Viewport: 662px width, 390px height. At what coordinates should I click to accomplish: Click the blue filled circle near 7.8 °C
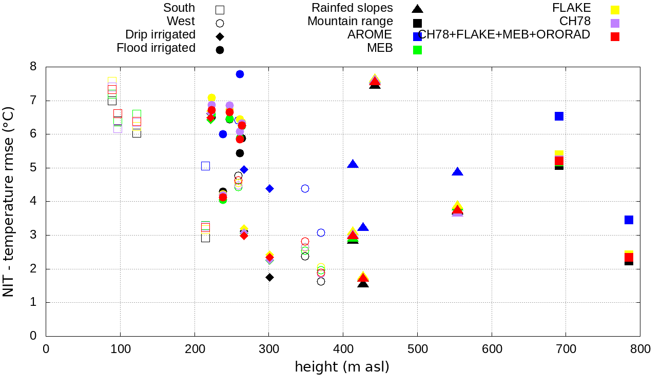[x=240, y=74]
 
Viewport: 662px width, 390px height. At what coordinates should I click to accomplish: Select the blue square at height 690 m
[x=559, y=116]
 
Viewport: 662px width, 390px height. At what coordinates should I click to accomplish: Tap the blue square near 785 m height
[x=629, y=220]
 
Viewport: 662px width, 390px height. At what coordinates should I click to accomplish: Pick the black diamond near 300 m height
[x=269, y=277]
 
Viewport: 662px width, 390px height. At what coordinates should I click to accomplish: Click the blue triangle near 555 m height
[x=458, y=172]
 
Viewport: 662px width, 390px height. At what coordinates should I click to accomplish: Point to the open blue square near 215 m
[x=205, y=166]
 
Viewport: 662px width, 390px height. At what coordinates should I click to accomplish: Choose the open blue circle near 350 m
[x=305, y=188]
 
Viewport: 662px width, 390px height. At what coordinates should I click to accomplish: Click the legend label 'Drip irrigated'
[x=161, y=34]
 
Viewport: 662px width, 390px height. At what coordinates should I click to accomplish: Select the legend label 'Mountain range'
[x=350, y=21]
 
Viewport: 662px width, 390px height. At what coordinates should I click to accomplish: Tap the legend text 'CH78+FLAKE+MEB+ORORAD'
[x=504, y=34]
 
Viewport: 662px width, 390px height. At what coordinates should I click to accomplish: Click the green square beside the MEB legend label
[x=418, y=50]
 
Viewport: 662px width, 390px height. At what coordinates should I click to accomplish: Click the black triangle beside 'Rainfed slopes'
[x=418, y=9]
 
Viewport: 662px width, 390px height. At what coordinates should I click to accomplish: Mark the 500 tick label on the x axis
[x=417, y=349]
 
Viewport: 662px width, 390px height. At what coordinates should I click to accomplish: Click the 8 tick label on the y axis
[x=33, y=67]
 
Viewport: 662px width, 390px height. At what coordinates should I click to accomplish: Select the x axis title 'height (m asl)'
[x=342, y=367]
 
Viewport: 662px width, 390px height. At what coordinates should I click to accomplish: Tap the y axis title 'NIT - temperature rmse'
[x=9, y=201]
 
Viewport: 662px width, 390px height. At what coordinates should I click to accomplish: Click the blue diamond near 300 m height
[x=269, y=188]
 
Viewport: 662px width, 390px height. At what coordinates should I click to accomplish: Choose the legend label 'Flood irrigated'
[x=156, y=48]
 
